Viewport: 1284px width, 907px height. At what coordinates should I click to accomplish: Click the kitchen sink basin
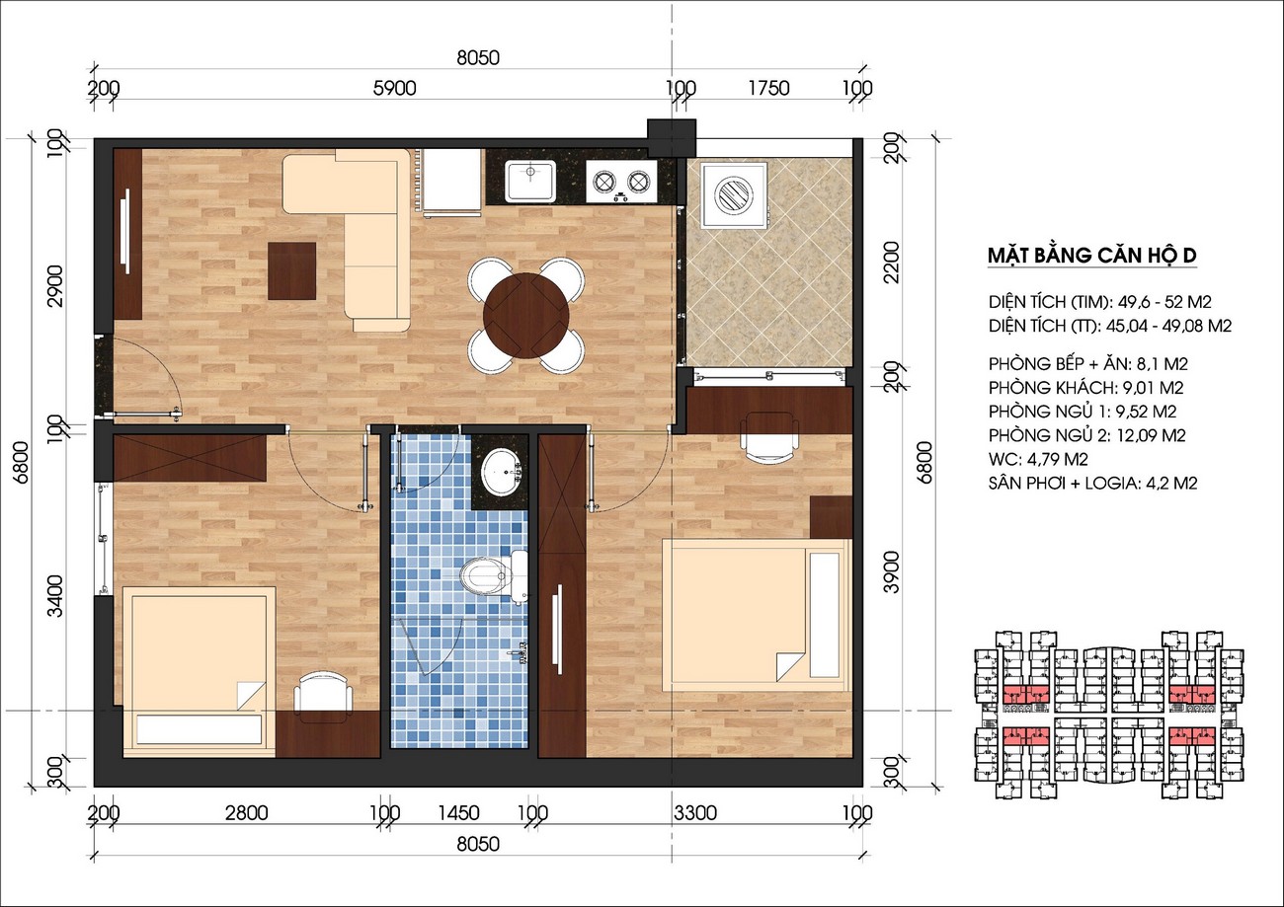click(x=530, y=181)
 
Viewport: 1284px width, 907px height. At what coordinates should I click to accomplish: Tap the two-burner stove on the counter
click(x=621, y=182)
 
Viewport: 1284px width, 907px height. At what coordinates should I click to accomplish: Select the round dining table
click(x=526, y=315)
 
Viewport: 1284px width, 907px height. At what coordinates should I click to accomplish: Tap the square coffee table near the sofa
click(x=291, y=270)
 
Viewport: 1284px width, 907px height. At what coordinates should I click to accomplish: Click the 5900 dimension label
click(x=394, y=88)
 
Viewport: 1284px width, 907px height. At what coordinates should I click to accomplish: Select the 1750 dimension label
click(x=769, y=88)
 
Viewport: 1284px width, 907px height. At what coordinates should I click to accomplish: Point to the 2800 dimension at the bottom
click(x=247, y=813)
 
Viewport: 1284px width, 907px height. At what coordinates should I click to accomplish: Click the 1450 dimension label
click(x=458, y=813)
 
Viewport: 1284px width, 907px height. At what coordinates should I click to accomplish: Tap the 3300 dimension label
click(x=694, y=813)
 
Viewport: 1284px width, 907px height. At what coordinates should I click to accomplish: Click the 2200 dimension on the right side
click(x=893, y=262)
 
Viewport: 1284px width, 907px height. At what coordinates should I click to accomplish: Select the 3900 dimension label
click(x=893, y=572)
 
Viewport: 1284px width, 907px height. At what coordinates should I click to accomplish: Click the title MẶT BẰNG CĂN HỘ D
click(x=1092, y=256)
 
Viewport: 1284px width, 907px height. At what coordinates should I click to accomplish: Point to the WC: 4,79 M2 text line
click(x=1038, y=459)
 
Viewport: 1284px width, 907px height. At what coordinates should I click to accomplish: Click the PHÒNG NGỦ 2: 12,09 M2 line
click(x=1086, y=435)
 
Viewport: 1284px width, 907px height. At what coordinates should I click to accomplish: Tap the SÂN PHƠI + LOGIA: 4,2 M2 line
click(x=1092, y=484)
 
